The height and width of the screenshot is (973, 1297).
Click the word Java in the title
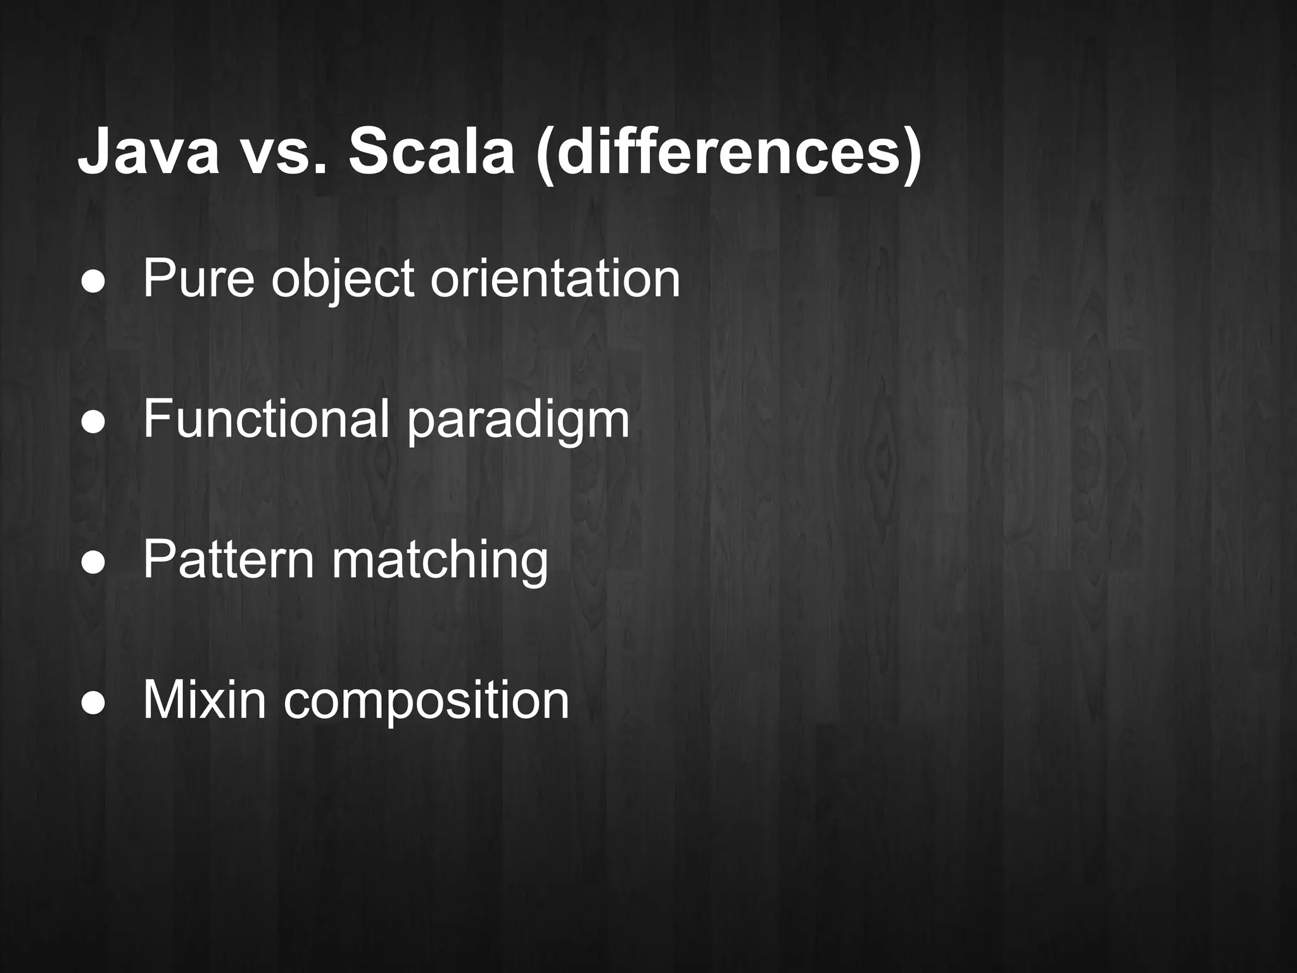click(148, 153)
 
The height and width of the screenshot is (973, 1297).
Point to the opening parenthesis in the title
click(545, 155)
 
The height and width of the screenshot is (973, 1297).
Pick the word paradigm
click(518, 421)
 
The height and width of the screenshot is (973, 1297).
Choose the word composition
click(426, 702)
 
